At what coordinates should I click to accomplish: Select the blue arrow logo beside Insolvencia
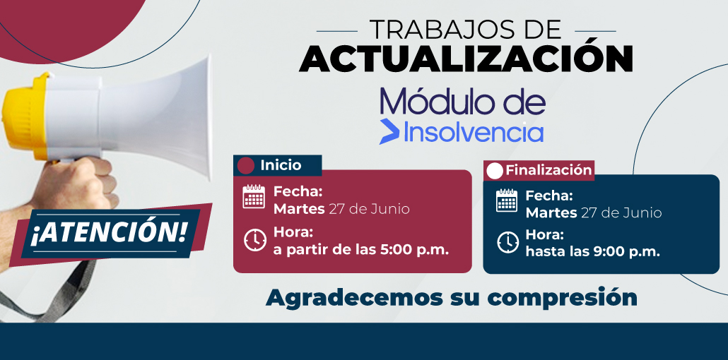pos(389,131)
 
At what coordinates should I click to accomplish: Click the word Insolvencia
pos(474,131)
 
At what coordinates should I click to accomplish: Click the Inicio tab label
pos(281,165)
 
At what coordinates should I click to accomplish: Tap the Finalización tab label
pos(548,170)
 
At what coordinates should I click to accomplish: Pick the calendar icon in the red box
pos(254,196)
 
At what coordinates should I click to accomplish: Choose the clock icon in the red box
pos(255,240)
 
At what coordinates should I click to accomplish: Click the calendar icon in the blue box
pos(507,200)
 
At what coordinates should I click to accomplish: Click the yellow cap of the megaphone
pos(25,116)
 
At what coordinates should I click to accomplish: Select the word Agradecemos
pos(351,297)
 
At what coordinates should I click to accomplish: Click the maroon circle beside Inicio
pos(245,166)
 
